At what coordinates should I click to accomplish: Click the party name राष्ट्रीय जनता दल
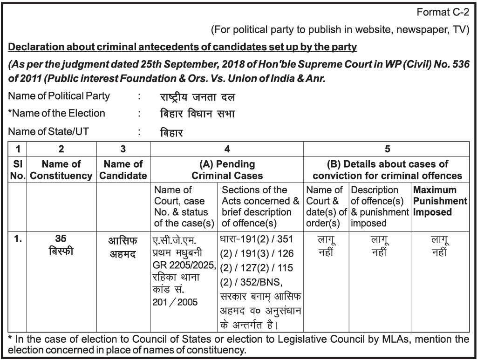coord(197,97)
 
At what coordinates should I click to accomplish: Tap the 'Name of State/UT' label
coord(48,131)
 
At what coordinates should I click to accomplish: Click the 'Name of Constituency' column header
coord(61,170)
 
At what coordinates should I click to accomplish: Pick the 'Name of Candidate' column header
coord(123,170)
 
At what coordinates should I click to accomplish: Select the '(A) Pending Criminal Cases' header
coord(227,170)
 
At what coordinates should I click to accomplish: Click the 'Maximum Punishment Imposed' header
coord(440,201)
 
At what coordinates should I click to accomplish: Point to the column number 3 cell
coord(123,149)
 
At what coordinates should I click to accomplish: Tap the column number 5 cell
coord(387,149)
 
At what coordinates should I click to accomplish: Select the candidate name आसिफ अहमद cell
coord(123,248)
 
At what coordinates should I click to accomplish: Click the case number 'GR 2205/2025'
coord(184,266)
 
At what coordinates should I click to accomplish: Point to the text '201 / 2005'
coord(175,302)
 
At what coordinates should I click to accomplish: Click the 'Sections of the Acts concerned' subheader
coord(260,206)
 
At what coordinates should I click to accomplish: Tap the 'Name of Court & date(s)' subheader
coord(327,206)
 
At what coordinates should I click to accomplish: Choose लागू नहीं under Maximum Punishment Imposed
coord(440,246)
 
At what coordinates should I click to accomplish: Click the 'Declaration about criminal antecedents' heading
coord(183,47)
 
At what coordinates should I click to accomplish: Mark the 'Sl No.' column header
coord(18,170)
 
